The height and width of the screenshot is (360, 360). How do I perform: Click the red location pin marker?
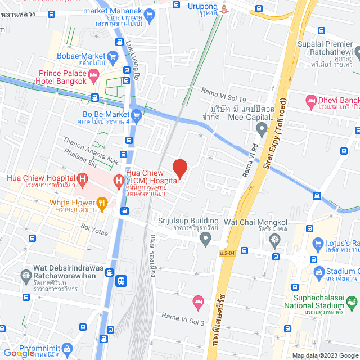(x=179, y=168)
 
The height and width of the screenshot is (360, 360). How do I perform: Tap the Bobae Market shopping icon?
(x=112, y=56)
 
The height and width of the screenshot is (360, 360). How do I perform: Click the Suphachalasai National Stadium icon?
(x=352, y=304)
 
